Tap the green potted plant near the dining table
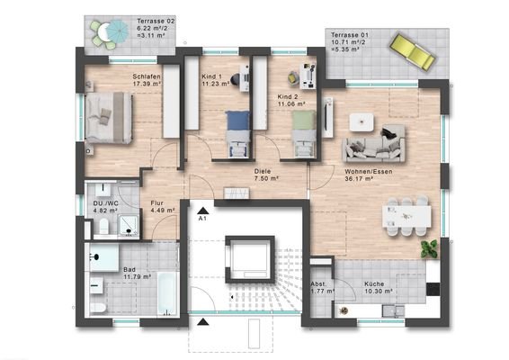click(x=433, y=245)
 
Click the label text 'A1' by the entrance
click(x=202, y=218)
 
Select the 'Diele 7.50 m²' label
click(x=263, y=175)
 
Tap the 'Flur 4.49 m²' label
click(x=161, y=208)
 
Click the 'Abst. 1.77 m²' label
click(x=319, y=287)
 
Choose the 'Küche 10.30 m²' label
click(x=377, y=287)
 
